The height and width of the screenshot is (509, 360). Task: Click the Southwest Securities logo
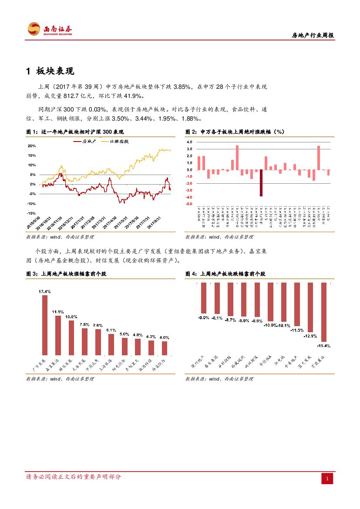[x=50, y=29]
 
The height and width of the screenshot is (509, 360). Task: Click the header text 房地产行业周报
[x=312, y=36]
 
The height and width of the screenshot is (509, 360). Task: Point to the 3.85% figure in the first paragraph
[x=182, y=87]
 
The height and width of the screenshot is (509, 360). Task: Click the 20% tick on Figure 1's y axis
[x=31, y=146]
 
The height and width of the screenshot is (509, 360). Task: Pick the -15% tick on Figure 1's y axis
[x=31, y=213]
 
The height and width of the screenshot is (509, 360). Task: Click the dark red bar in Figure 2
[x=261, y=183]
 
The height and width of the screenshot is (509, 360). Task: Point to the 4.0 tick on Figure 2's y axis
[x=189, y=142]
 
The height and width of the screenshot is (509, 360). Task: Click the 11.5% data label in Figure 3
[x=58, y=312]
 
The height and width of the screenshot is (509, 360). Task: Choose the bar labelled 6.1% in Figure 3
[x=111, y=344]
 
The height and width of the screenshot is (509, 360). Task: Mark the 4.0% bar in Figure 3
[x=165, y=348]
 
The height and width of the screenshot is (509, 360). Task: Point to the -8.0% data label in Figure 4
[x=203, y=317]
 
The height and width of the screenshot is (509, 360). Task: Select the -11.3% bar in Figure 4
[x=297, y=304]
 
